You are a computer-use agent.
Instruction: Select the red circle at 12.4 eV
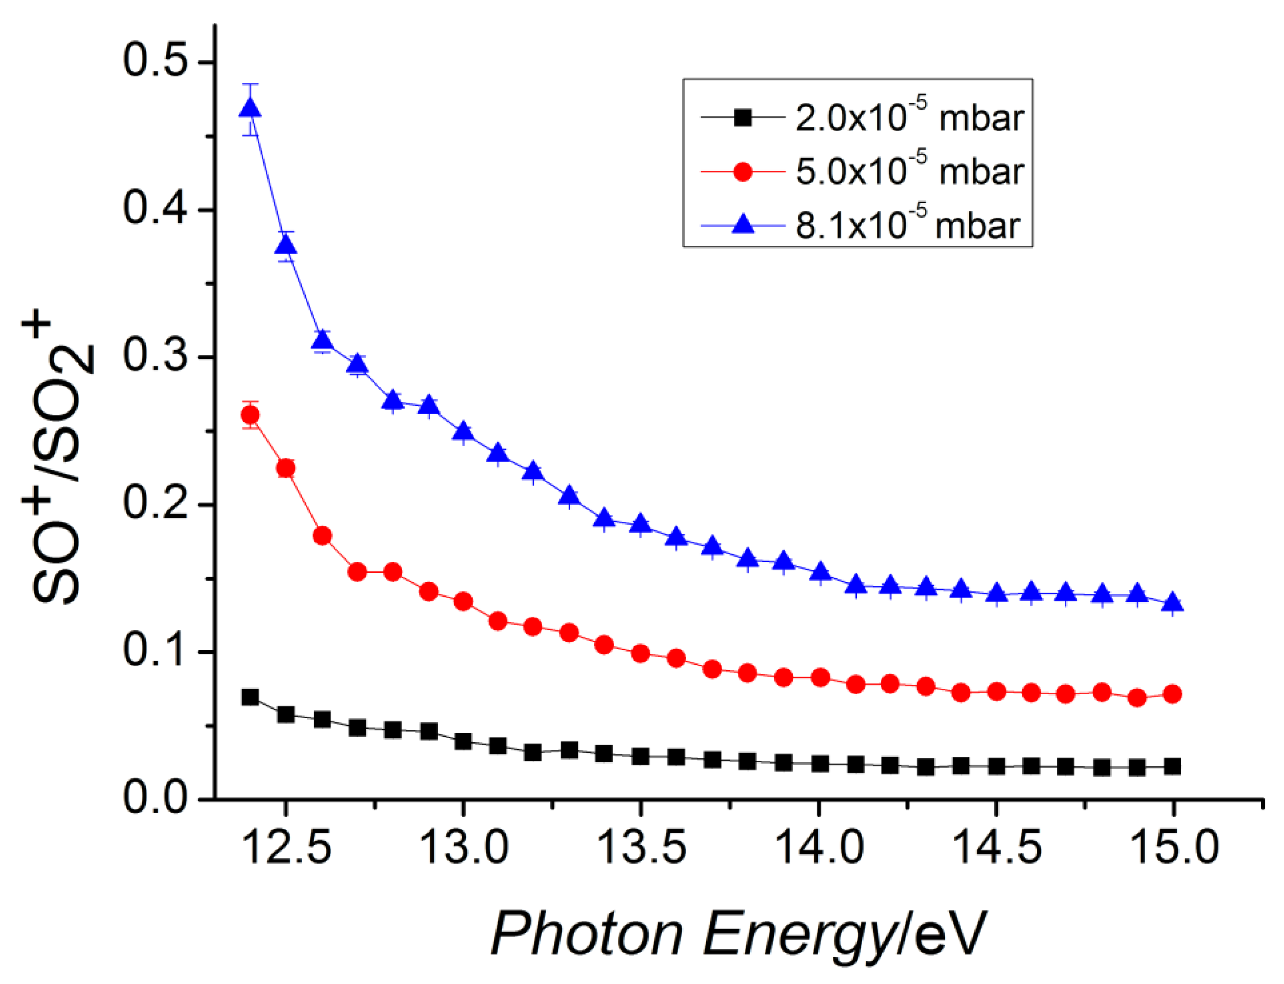(250, 415)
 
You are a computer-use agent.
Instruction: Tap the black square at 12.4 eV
(250, 697)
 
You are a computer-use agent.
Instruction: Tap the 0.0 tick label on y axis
(155, 798)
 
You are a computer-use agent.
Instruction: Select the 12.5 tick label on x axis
(286, 848)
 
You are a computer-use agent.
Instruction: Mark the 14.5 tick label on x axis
(997, 848)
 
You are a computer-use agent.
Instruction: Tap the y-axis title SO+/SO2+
(59, 463)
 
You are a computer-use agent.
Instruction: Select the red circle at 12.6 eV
(322, 536)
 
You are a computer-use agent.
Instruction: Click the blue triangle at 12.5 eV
(286, 244)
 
